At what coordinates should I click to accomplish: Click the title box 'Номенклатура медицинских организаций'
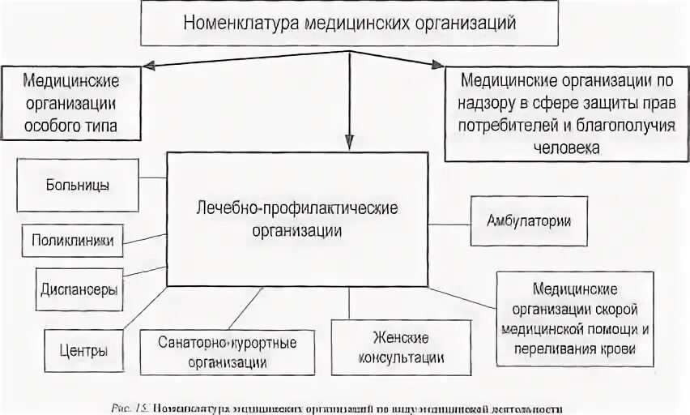click(x=349, y=23)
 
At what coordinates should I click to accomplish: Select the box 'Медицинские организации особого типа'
click(x=70, y=104)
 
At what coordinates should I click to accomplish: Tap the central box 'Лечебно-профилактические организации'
click(x=297, y=219)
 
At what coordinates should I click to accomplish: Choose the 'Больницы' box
click(x=78, y=184)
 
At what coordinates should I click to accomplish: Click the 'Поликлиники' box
click(x=73, y=241)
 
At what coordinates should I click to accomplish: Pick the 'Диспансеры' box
click(x=79, y=289)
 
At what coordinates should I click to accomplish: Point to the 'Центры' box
click(x=83, y=352)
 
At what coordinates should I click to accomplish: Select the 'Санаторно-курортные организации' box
click(x=216, y=352)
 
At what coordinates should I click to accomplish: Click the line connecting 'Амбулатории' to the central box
click(x=449, y=221)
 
